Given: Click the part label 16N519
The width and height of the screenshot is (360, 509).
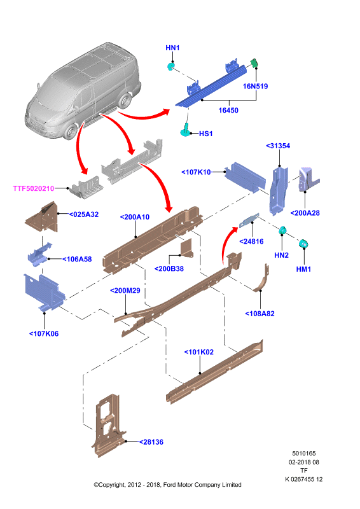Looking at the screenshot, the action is [255, 87].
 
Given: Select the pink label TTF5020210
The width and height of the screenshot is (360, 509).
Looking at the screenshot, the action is [34, 188].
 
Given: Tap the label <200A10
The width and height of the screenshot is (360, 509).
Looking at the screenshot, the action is [135, 217].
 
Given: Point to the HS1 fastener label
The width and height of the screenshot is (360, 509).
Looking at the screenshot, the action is [206, 134].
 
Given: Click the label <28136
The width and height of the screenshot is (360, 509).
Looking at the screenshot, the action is [151, 442].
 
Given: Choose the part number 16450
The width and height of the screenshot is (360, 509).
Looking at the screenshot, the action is [228, 110].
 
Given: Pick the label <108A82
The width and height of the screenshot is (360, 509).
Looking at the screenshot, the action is [260, 314].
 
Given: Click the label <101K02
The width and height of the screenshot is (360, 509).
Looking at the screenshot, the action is [199, 352].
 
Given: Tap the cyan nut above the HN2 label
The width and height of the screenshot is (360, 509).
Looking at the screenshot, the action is [282, 230].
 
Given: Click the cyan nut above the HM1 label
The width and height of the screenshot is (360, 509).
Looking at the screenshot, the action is [303, 243].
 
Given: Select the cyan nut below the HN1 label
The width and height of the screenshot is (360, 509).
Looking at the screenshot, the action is [170, 67].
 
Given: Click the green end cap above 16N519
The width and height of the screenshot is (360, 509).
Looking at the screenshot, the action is [254, 62].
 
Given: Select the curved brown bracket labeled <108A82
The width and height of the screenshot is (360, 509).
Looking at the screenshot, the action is [261, 278].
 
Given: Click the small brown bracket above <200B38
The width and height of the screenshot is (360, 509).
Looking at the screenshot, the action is [186, 248].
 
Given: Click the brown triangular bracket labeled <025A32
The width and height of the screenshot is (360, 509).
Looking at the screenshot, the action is [42, 217].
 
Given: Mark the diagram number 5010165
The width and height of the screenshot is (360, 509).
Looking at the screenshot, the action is [304, 454].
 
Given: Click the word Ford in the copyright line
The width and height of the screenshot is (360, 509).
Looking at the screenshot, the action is [169, 485].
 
